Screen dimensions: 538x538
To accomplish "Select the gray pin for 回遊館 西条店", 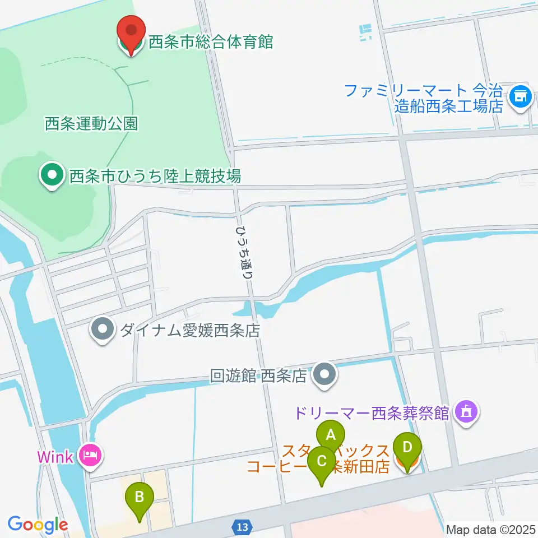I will [x=323, y=374].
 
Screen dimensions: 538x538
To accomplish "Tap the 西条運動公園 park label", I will [x=91, y=124].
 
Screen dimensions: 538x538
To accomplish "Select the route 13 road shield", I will [x=242, y=527].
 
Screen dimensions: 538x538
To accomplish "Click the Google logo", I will [x=38, y=525].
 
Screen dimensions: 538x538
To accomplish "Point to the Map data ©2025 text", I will [x=491, y=529].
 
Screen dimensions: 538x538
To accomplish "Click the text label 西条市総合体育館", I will [x=210, y=41].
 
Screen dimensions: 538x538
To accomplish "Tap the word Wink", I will [x=55, y=456].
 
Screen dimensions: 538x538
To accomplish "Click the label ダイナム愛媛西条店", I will [x=189, y=330].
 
